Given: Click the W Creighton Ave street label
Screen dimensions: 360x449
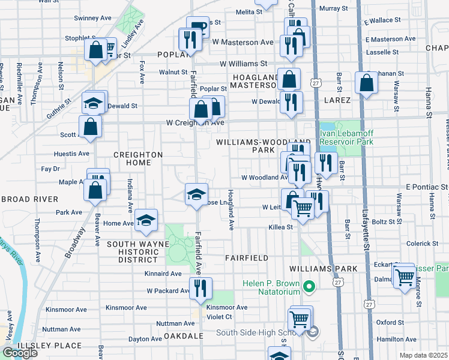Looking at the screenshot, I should coord(195,123).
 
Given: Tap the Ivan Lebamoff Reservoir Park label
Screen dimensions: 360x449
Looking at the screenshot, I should coord(346,137).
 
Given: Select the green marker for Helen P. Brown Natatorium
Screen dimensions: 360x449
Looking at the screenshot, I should coord(310,288).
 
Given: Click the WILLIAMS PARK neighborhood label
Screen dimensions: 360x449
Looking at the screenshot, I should coord(323,268).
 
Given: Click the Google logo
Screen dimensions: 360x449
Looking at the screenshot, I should coord(20,353).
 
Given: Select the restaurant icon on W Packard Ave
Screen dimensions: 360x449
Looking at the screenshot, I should coord(200,288).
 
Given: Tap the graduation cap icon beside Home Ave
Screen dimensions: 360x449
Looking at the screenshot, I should coord(145,220).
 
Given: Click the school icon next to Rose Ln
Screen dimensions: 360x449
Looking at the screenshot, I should coord(196,194).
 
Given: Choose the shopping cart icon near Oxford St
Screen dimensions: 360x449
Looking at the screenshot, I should coord(299,317).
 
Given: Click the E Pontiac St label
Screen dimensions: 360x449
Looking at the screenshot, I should coord(427,187).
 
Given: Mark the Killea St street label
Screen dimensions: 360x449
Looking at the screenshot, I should coord(280,227).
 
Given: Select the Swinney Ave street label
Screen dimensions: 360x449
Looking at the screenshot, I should coord(92,19).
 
